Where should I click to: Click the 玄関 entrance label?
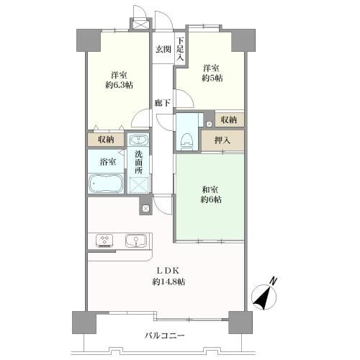coord(163,50)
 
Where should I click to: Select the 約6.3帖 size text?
coord(120,85)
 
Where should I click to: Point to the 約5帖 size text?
coord(212,78)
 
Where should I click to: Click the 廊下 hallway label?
coord(163,103)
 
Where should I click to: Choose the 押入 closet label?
coord(222,140)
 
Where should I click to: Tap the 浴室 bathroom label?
coord(108,162)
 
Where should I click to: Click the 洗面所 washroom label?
coord(139,162)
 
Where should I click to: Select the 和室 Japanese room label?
coord(210,190)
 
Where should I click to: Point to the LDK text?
coord(168,271)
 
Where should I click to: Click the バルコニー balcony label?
coord(165,336)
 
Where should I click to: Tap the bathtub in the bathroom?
coord(106,183)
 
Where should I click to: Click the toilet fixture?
coord(187,143)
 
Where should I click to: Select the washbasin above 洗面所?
coord(138,140)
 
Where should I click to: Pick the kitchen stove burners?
coord(104,241)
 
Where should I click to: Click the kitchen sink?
coord(136,240)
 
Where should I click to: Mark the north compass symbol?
coord(264,297)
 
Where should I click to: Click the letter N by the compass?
coord(273,281)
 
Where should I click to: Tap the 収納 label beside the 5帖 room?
coord(229,120)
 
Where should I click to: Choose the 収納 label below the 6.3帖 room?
coord(106,140)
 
